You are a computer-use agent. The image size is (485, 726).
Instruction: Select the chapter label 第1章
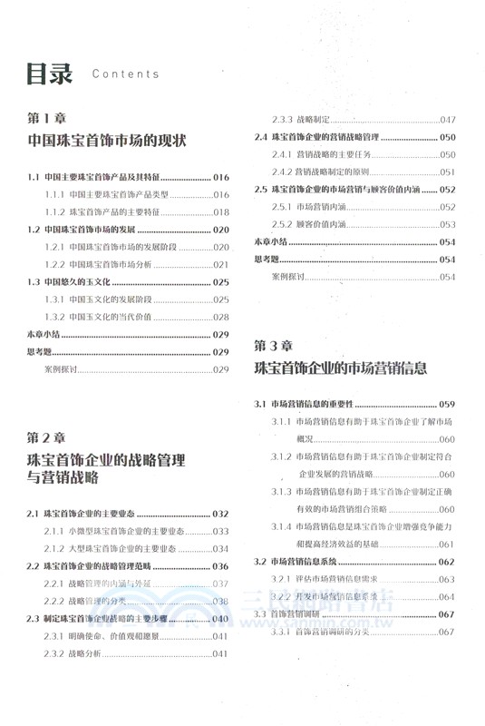coord(50,119)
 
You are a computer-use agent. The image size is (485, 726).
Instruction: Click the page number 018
coord(221,211)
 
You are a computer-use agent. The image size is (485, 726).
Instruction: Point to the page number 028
coord(221,317)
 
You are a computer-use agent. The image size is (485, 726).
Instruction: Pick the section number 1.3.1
coord(55,299)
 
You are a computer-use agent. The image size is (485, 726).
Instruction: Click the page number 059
coord(447,404)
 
